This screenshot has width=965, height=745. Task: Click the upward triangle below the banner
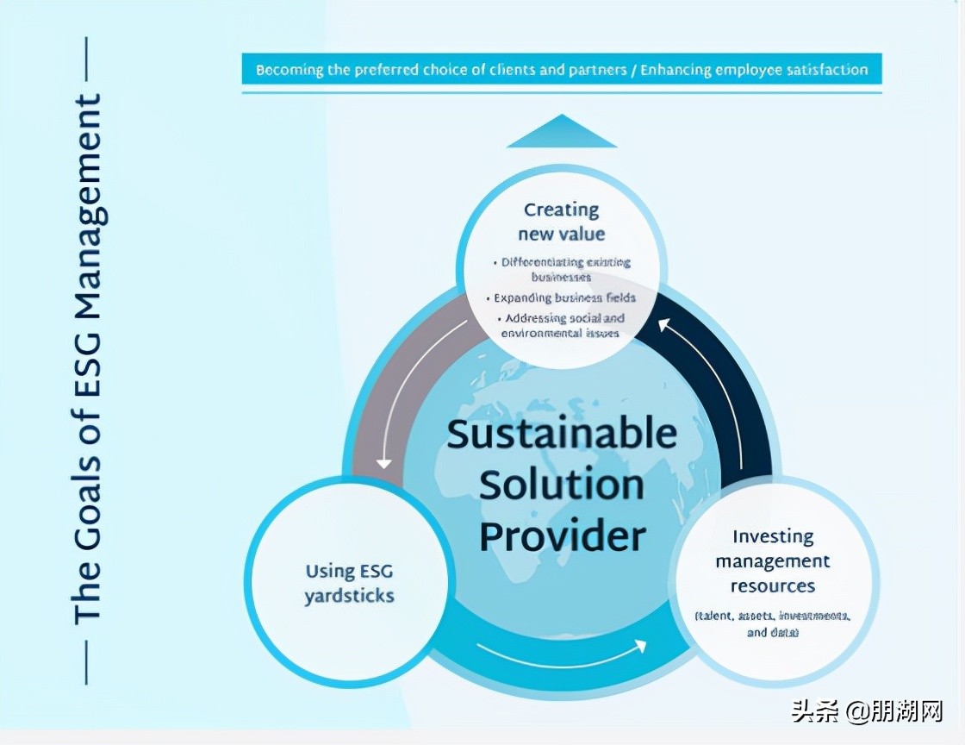coord(562,133)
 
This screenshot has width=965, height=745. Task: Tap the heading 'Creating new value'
coord(562,222)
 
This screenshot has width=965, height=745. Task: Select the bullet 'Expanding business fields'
coord(564,298)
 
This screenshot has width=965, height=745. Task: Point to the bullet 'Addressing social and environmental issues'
coord(562,325)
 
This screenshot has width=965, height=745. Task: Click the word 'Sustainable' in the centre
coord(562,433)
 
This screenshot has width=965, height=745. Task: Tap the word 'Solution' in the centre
coord(562,485)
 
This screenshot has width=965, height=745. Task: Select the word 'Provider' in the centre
coord(562,536)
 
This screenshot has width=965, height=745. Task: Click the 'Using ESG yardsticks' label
coord(349,583)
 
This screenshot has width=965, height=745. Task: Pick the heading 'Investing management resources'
coord(773,561)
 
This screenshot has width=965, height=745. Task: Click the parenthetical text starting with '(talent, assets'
coord(773,624)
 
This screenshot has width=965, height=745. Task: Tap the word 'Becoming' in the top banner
coord(290,69)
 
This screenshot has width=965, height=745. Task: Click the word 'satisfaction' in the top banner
coord(826,69)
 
